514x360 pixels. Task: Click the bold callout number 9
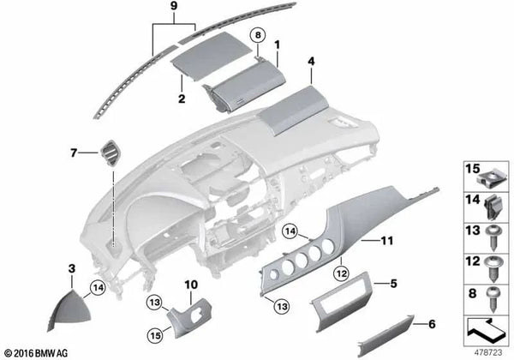[174, 6]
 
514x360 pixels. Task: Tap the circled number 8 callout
[258, 35]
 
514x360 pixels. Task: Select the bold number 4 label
[311, 62]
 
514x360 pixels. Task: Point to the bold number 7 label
[74, 153]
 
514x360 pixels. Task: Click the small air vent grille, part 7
[111, 153]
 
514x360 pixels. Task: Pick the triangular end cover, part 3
[69, 309]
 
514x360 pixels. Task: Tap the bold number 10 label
[191, 285]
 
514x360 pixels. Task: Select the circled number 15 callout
[155, 335]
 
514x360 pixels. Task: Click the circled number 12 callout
[342, 273]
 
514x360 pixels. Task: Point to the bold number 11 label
[387, 241]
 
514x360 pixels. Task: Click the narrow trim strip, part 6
[385, 336]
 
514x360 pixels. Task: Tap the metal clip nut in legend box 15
[489, 180]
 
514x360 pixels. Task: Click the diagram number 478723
[488, 353]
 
